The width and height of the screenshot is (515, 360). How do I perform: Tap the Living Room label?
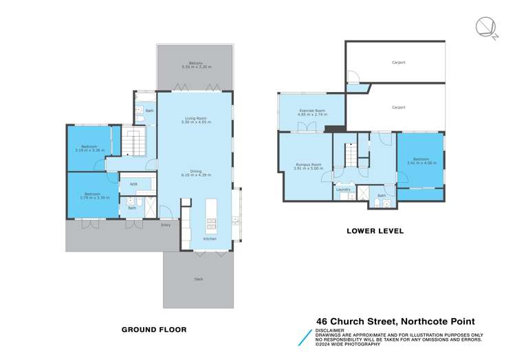[195, 119]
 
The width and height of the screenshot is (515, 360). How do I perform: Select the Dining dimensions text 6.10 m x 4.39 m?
[195, 175]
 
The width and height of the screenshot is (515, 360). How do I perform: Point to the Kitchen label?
[209, 239]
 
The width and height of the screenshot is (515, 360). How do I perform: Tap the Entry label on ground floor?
[165, 225]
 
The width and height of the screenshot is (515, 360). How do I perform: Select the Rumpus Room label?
[309, 165]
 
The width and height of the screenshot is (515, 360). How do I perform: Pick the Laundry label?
[344, 189]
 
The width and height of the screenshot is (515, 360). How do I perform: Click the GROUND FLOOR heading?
[154, 329]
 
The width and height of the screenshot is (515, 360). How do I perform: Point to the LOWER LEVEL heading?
[375, 231]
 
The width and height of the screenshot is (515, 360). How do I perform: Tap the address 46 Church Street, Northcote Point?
[395, 321]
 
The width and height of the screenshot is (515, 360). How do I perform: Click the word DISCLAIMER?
[328, 329]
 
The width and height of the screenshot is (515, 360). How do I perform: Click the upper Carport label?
[398, 63]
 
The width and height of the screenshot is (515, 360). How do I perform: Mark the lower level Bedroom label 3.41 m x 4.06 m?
[420, 161]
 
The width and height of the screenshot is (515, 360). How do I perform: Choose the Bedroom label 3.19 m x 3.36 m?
[89, 148]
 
